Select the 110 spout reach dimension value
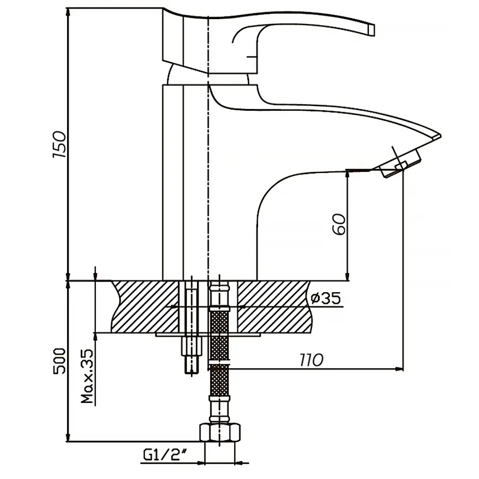point(311,360)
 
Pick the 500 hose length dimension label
point(60,362)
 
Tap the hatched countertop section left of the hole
point(144,307)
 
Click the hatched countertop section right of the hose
point(271,307)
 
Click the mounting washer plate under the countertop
point(208,335)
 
